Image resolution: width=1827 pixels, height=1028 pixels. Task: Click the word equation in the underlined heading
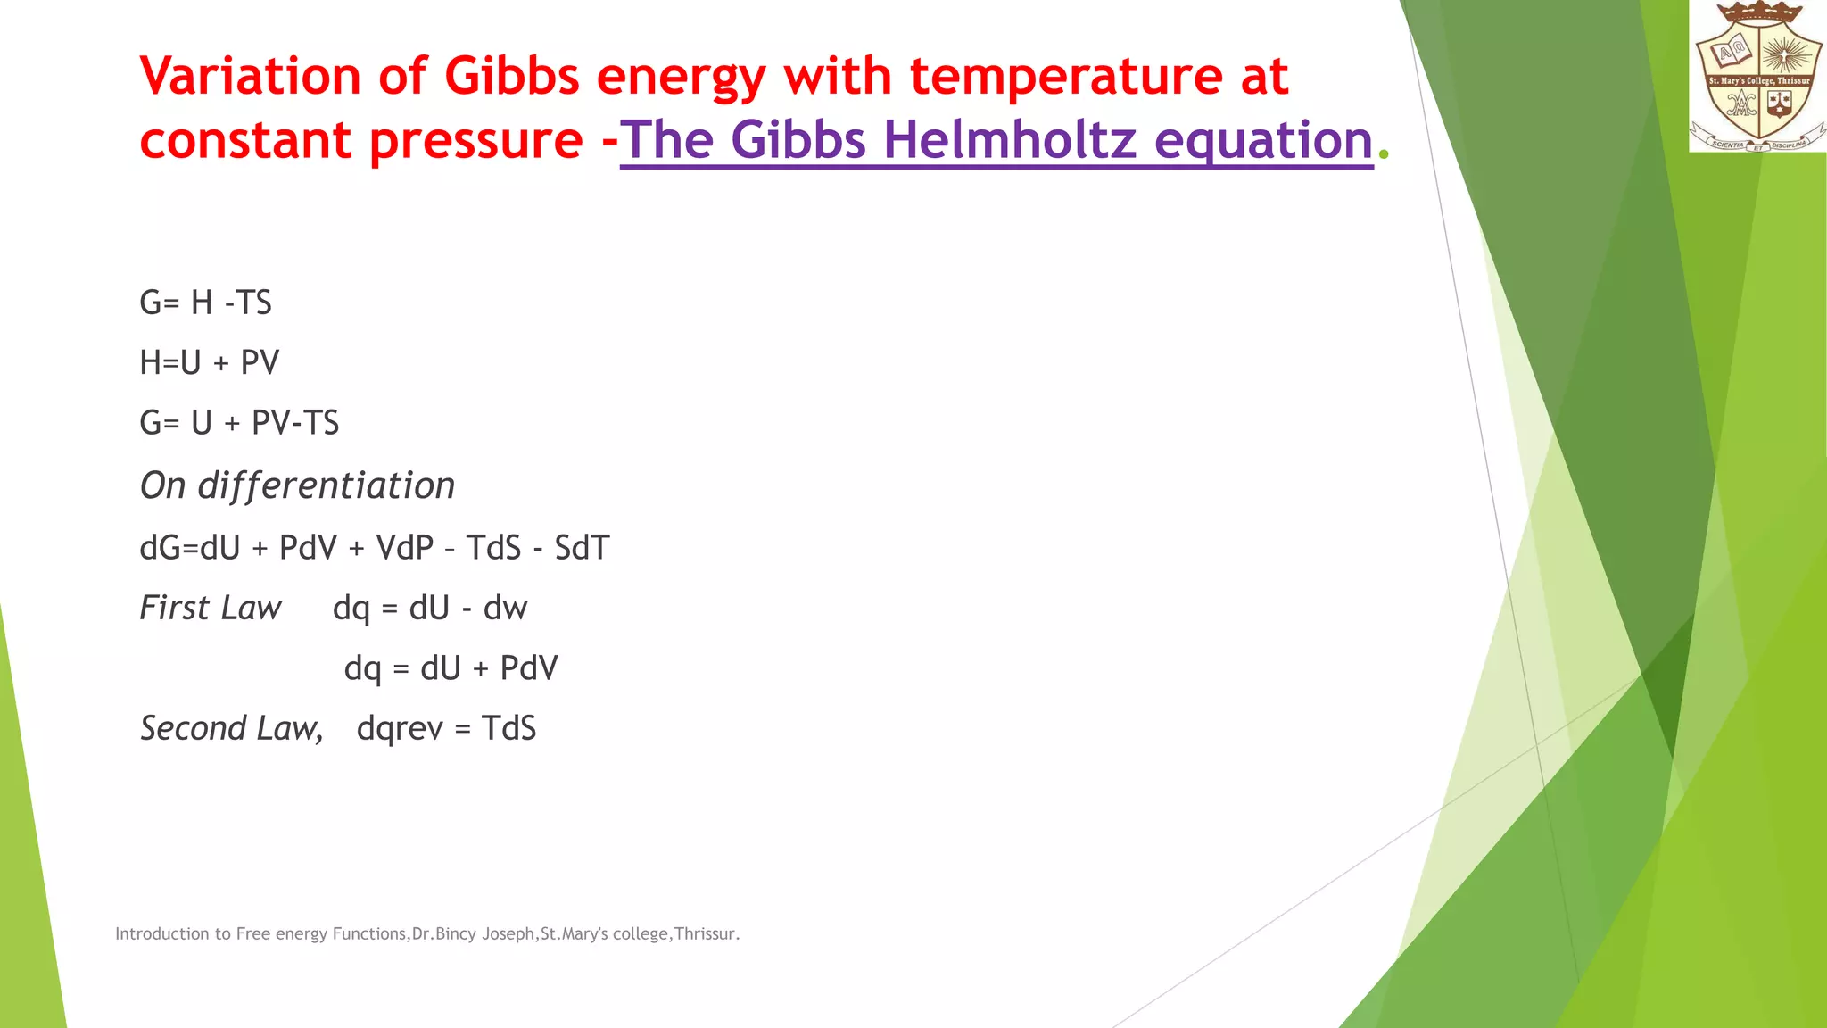(1263, 140)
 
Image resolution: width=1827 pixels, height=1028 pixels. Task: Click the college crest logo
(1757, 76)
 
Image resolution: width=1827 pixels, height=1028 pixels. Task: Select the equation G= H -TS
(205, 303)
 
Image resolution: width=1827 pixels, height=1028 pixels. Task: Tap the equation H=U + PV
(210, 362)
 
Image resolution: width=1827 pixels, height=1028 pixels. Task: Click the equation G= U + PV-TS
(239, 422)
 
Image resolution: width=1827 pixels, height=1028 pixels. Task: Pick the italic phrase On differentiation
(297, 485)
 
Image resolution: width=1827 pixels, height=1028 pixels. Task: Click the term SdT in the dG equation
(582, 548)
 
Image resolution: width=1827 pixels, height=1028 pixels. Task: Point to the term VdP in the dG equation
(404, 548)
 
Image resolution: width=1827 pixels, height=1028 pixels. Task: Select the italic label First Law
(211, 608)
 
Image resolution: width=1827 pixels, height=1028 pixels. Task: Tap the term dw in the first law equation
(505, 609)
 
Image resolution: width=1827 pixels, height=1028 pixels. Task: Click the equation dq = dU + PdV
(451, 668)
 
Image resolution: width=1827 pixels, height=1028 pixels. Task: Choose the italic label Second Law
(231, 728)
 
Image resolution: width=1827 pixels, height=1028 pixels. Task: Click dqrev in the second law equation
(399, 729)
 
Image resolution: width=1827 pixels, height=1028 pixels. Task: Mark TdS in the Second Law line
(508, 728)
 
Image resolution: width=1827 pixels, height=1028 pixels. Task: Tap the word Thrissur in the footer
(706, 933)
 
